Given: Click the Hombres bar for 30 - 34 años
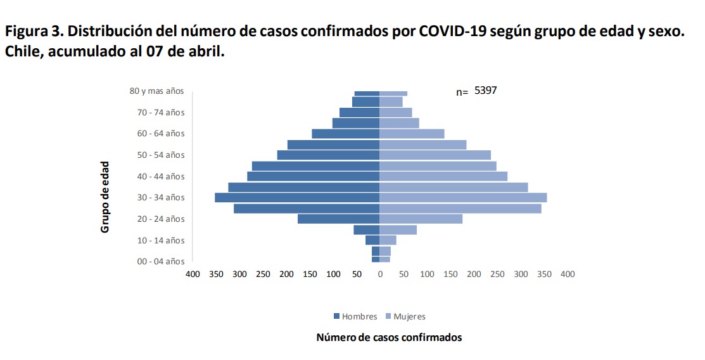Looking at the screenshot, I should tap(297, 198).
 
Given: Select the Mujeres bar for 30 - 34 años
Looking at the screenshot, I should tap(463, 198).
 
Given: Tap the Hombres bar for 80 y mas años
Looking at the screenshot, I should tap(367, 93).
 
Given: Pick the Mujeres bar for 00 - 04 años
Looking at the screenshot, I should tap(385, 259).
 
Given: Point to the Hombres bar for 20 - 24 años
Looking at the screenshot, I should tap(338, 219).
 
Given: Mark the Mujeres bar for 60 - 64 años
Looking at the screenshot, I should tap(412, 134).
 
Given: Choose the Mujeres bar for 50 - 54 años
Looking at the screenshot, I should tap(435, 155).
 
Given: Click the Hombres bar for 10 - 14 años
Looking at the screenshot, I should tap(372, 240).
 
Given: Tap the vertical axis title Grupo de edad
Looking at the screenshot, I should tap(105, 196).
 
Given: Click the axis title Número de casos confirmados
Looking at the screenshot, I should tap(389, 337).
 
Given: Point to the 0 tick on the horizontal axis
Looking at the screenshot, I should tap(380, 274).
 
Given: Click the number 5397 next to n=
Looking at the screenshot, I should tap(486, 91).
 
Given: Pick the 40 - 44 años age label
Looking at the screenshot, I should tap(162, 176).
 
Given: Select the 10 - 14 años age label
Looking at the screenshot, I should tap(162, 240).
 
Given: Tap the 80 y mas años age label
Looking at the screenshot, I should tap(156, 91).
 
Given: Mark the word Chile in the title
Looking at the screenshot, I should tap(22, 51).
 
